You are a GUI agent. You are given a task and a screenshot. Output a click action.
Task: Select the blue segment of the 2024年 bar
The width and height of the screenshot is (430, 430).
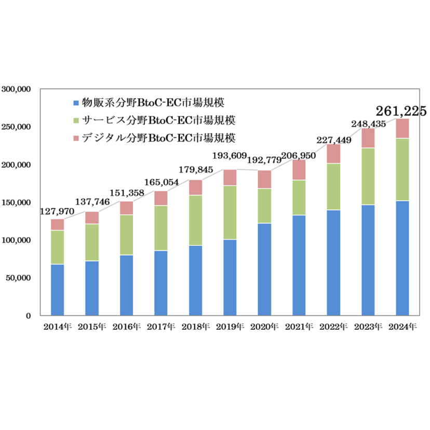pyautogui.click(x=402, y=258)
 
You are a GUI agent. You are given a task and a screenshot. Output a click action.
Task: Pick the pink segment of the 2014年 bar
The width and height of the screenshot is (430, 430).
pyautogui.click(x=58, y=224)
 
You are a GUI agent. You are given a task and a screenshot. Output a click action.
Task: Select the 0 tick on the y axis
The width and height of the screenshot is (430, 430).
pyautogui.click(x=28, y=316)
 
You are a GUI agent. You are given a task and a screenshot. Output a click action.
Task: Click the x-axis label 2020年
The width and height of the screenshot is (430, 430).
pyautogui.click(x=264, y=327)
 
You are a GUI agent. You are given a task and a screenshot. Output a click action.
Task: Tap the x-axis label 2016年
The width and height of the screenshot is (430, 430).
pyautogui.click(x=126, y=327)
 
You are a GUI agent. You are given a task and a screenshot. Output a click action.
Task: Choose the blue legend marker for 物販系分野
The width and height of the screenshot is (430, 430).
pyautogui.click(x=77, y=102)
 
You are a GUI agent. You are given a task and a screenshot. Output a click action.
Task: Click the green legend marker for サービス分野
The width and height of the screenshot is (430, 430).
pyautogui.click(x=77, y=121)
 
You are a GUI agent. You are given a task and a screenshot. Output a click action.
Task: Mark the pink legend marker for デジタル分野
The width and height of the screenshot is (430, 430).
pyautogui.click(x=77, y=139)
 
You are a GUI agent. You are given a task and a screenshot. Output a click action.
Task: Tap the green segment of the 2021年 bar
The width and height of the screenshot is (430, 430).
pyautogui.click(x=299, y=197)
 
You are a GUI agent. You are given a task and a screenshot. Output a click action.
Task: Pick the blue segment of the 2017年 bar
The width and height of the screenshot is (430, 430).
pyautogui.click(x=161, y=283)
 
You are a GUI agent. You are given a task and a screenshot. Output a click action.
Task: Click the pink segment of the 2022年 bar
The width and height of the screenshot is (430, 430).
pyautogui.click(x=333, y=154)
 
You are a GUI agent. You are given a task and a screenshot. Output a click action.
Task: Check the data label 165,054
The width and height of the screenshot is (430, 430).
pyautogui.click(x=161, y=182)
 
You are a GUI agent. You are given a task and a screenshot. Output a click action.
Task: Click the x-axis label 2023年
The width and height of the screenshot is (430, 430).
pyautogui.click(x=368, y=327)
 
